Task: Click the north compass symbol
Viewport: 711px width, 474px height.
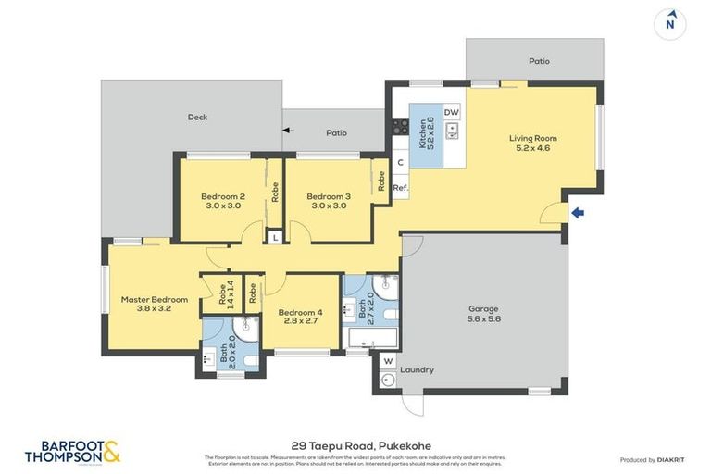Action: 669,24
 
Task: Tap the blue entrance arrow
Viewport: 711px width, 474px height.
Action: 578,214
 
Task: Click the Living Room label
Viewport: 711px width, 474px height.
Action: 532,143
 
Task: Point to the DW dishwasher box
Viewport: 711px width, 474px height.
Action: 452,112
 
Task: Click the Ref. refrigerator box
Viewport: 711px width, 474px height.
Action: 400,188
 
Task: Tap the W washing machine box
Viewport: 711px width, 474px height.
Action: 387,360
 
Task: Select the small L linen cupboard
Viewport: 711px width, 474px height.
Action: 274,238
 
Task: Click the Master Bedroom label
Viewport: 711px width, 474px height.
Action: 154,305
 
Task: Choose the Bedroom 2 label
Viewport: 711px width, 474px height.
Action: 222,200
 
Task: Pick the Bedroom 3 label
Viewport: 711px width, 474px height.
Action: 328,200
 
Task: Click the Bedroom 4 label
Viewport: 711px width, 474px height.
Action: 300,318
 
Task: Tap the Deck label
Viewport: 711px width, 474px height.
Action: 197,118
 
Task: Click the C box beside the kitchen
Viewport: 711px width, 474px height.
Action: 400,163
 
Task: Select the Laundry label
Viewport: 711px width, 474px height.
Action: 417,370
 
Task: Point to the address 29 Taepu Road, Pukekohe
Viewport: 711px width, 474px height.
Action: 355,445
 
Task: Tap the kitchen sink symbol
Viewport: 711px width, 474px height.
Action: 452,131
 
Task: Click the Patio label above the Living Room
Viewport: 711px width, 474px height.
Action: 539,61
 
